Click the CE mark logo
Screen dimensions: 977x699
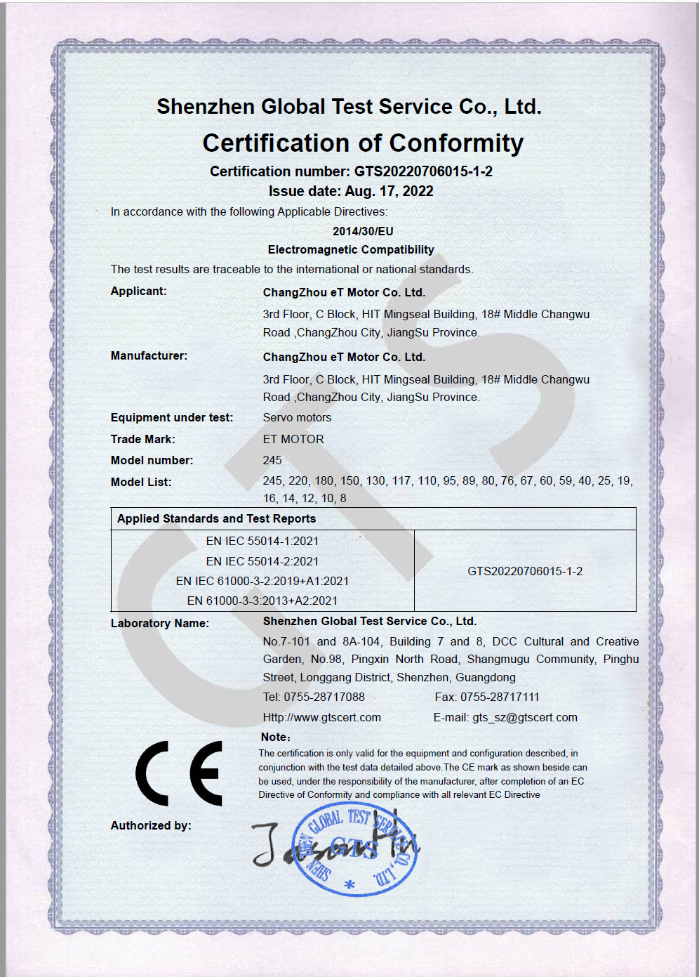(179, 773)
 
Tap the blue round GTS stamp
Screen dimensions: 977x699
(355, 848)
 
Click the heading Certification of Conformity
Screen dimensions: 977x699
(363, 143)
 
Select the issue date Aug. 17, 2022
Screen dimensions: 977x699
(389, 191)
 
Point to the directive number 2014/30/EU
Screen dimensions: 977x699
(363, 231)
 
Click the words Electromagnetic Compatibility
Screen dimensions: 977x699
(351, 249)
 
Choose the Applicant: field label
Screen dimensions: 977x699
(139, 291)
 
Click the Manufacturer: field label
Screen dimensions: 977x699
(149, 355)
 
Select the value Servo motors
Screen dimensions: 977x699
(297, 417)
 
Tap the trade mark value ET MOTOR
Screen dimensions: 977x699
(293, 439)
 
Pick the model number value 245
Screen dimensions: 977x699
(272, 460)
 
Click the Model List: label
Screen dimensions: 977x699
(141, 482)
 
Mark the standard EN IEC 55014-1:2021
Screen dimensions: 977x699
(262, 541)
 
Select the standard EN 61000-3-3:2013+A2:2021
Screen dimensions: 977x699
(262, 601)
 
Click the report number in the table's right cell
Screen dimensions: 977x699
(525, 571)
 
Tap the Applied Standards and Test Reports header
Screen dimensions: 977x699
(216, 518)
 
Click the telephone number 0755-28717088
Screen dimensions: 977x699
(324, 697)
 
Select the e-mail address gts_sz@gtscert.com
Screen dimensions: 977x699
(525, 717)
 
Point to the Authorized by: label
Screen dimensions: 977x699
(151, 825)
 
